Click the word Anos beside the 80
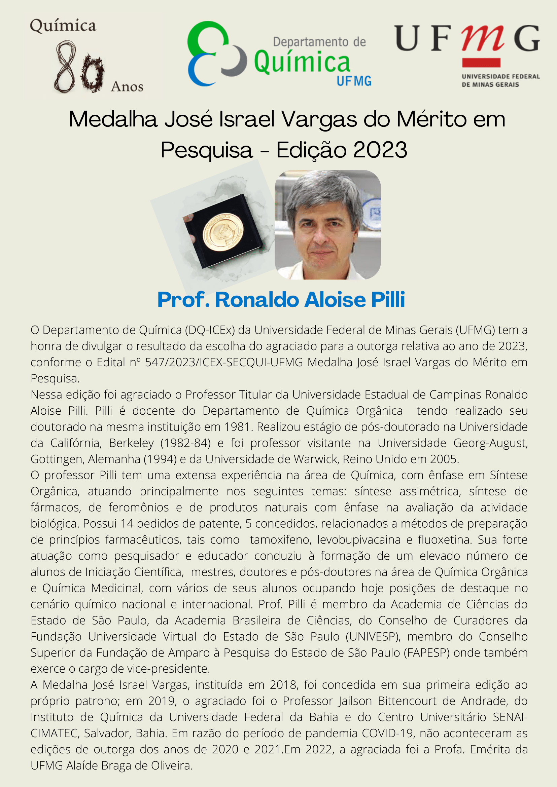(x=127, y=87)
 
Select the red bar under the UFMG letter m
(x=481, y=63)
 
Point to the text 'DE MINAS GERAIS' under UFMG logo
(x=490, y=85)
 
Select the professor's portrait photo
(x=327, y=225)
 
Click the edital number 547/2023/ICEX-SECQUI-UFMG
(x=223, y=362)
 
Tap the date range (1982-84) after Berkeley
(x=185, y=443)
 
